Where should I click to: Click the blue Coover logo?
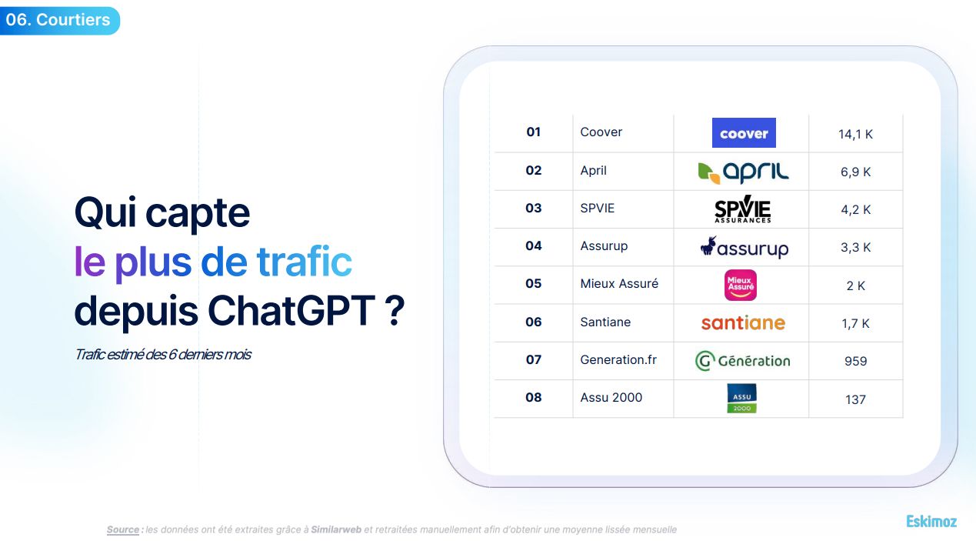(744, 133)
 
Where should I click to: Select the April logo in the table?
(743, 172)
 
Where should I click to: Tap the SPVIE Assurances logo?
(743, 209)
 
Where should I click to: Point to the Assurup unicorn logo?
(744, 247)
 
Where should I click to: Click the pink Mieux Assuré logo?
(741, 285)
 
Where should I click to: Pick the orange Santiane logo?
(743, 323)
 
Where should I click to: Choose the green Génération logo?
(743, 361)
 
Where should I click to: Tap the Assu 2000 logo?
(741, 399)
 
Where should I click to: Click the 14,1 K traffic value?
(855, 134)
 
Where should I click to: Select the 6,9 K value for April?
(855, 172)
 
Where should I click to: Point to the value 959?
(855, 361)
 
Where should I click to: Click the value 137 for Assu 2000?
(855, 399)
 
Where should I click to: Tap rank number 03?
(534, 208)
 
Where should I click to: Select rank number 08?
(534, 397)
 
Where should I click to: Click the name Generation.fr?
(618, 359)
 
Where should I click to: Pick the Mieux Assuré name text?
(619, 283)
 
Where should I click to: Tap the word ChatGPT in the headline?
(291, 310)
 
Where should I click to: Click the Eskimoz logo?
(931, 522)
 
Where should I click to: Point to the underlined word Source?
(123, 529)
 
